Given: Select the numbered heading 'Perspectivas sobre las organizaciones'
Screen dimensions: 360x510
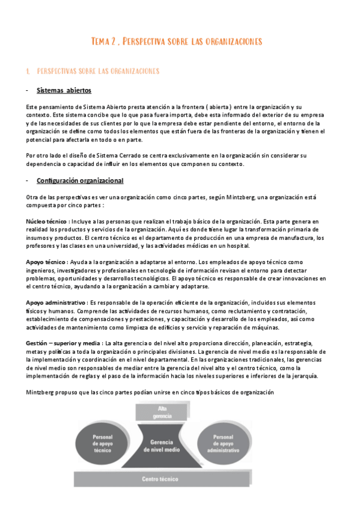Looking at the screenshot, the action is [98, 71].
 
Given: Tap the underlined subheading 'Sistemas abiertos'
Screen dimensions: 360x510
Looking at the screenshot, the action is [64, 91].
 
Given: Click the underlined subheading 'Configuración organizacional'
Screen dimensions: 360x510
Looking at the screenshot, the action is [80, 180].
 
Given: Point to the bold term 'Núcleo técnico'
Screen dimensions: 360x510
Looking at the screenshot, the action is [46, 221].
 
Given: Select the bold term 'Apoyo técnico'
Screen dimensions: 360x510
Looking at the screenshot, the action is [45, 262].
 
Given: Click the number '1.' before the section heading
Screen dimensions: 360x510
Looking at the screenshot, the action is [28, 71].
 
